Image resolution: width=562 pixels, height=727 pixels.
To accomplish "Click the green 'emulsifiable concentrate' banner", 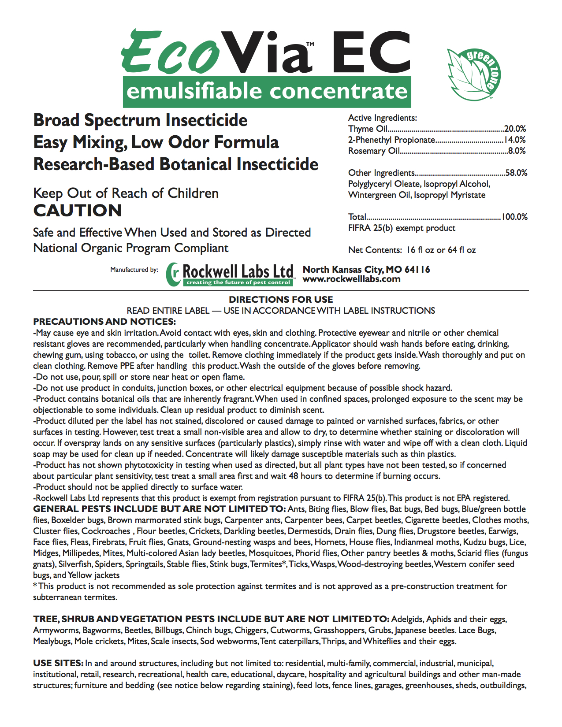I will click(267, 92).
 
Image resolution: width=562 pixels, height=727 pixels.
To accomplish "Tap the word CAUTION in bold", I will click(78, 211).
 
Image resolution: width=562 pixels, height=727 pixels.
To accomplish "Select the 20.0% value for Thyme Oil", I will click(515, 129).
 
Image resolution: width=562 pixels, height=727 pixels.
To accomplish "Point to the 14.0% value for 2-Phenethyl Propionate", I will click(515, 140).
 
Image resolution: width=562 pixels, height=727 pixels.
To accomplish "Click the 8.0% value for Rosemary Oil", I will click(517, 151).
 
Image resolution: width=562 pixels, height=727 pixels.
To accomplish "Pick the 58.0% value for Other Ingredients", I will click(516, 173).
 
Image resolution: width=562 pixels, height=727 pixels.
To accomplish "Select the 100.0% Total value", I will click(514, 217).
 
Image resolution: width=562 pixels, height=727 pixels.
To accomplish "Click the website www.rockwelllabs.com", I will click(351, 279).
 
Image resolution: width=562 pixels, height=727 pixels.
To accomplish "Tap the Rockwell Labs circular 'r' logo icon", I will click(174, 274).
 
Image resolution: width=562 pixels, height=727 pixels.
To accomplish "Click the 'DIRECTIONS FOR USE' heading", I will click(281, 300).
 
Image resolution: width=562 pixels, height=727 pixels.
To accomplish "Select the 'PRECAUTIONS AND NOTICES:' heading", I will click(104, 322).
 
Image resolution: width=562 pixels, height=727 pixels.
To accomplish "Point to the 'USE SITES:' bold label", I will click(58, 663).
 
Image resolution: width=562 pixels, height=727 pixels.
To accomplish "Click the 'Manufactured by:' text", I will click(134, 270).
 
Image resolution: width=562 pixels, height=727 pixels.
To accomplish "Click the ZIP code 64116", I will click(417, 269).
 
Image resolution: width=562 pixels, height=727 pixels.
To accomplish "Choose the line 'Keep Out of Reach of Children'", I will click(126, 193).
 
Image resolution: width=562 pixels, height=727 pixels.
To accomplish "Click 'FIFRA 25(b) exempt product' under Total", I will click(402, 228).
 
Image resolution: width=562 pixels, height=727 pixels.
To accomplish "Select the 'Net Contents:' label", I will click(375, 250).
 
